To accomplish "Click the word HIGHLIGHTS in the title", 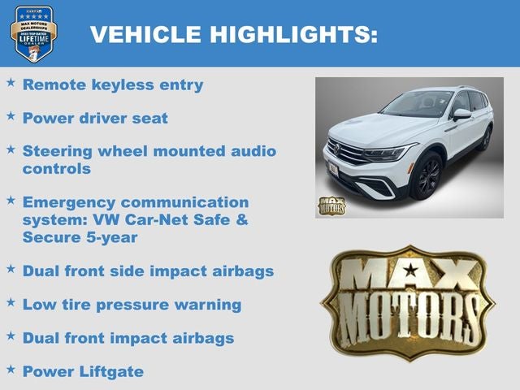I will click(x=295, y=34).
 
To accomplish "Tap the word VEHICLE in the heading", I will click(x=145, y=34).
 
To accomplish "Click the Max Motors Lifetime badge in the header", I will click(x=34, y=33).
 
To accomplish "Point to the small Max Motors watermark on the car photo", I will click(x=331, y=204).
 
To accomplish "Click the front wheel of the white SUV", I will click(x=427, y=175).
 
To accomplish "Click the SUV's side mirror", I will click(x=461, y=115).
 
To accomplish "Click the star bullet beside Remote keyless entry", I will click(x=11, y=82).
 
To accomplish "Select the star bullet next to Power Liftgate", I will click(x=11, y=369).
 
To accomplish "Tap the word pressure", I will click(x=145, y=305).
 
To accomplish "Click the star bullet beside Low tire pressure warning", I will click(x=11, y=302).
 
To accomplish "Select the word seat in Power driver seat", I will click(x=150, y=118).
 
